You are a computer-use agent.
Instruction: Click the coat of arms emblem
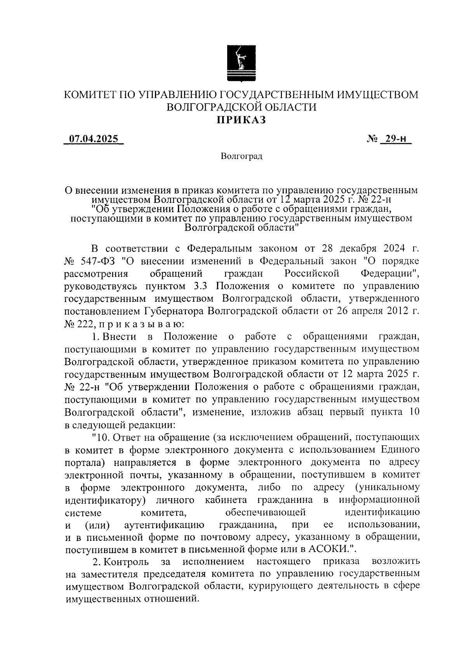241,64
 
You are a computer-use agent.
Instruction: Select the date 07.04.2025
94,139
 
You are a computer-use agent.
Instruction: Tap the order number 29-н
396,139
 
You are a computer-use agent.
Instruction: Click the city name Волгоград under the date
241,156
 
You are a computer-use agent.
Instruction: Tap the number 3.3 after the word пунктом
201,286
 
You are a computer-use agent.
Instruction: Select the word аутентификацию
164,525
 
